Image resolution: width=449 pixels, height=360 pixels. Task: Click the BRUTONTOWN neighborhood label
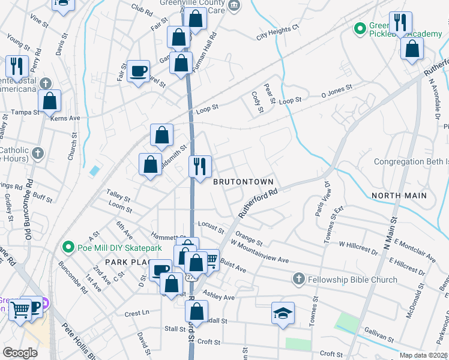(244, 181)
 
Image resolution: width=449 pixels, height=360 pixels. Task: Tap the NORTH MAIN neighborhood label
(399, 196)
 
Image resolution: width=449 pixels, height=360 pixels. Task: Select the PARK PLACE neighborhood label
(126, 262)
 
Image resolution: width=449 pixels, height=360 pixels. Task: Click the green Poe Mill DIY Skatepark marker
(68, 247)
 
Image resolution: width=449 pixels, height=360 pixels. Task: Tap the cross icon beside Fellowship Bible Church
(299, 279)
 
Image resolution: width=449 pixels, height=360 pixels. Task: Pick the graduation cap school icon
(283, 313)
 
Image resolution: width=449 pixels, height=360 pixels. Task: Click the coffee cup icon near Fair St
(138, 71)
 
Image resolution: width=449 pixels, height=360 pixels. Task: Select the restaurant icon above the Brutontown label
(200, 165)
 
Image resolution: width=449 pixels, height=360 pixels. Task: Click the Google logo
(20, 353)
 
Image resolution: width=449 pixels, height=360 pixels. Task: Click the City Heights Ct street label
(277, 32)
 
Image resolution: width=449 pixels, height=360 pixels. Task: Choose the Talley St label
(118, 196)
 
